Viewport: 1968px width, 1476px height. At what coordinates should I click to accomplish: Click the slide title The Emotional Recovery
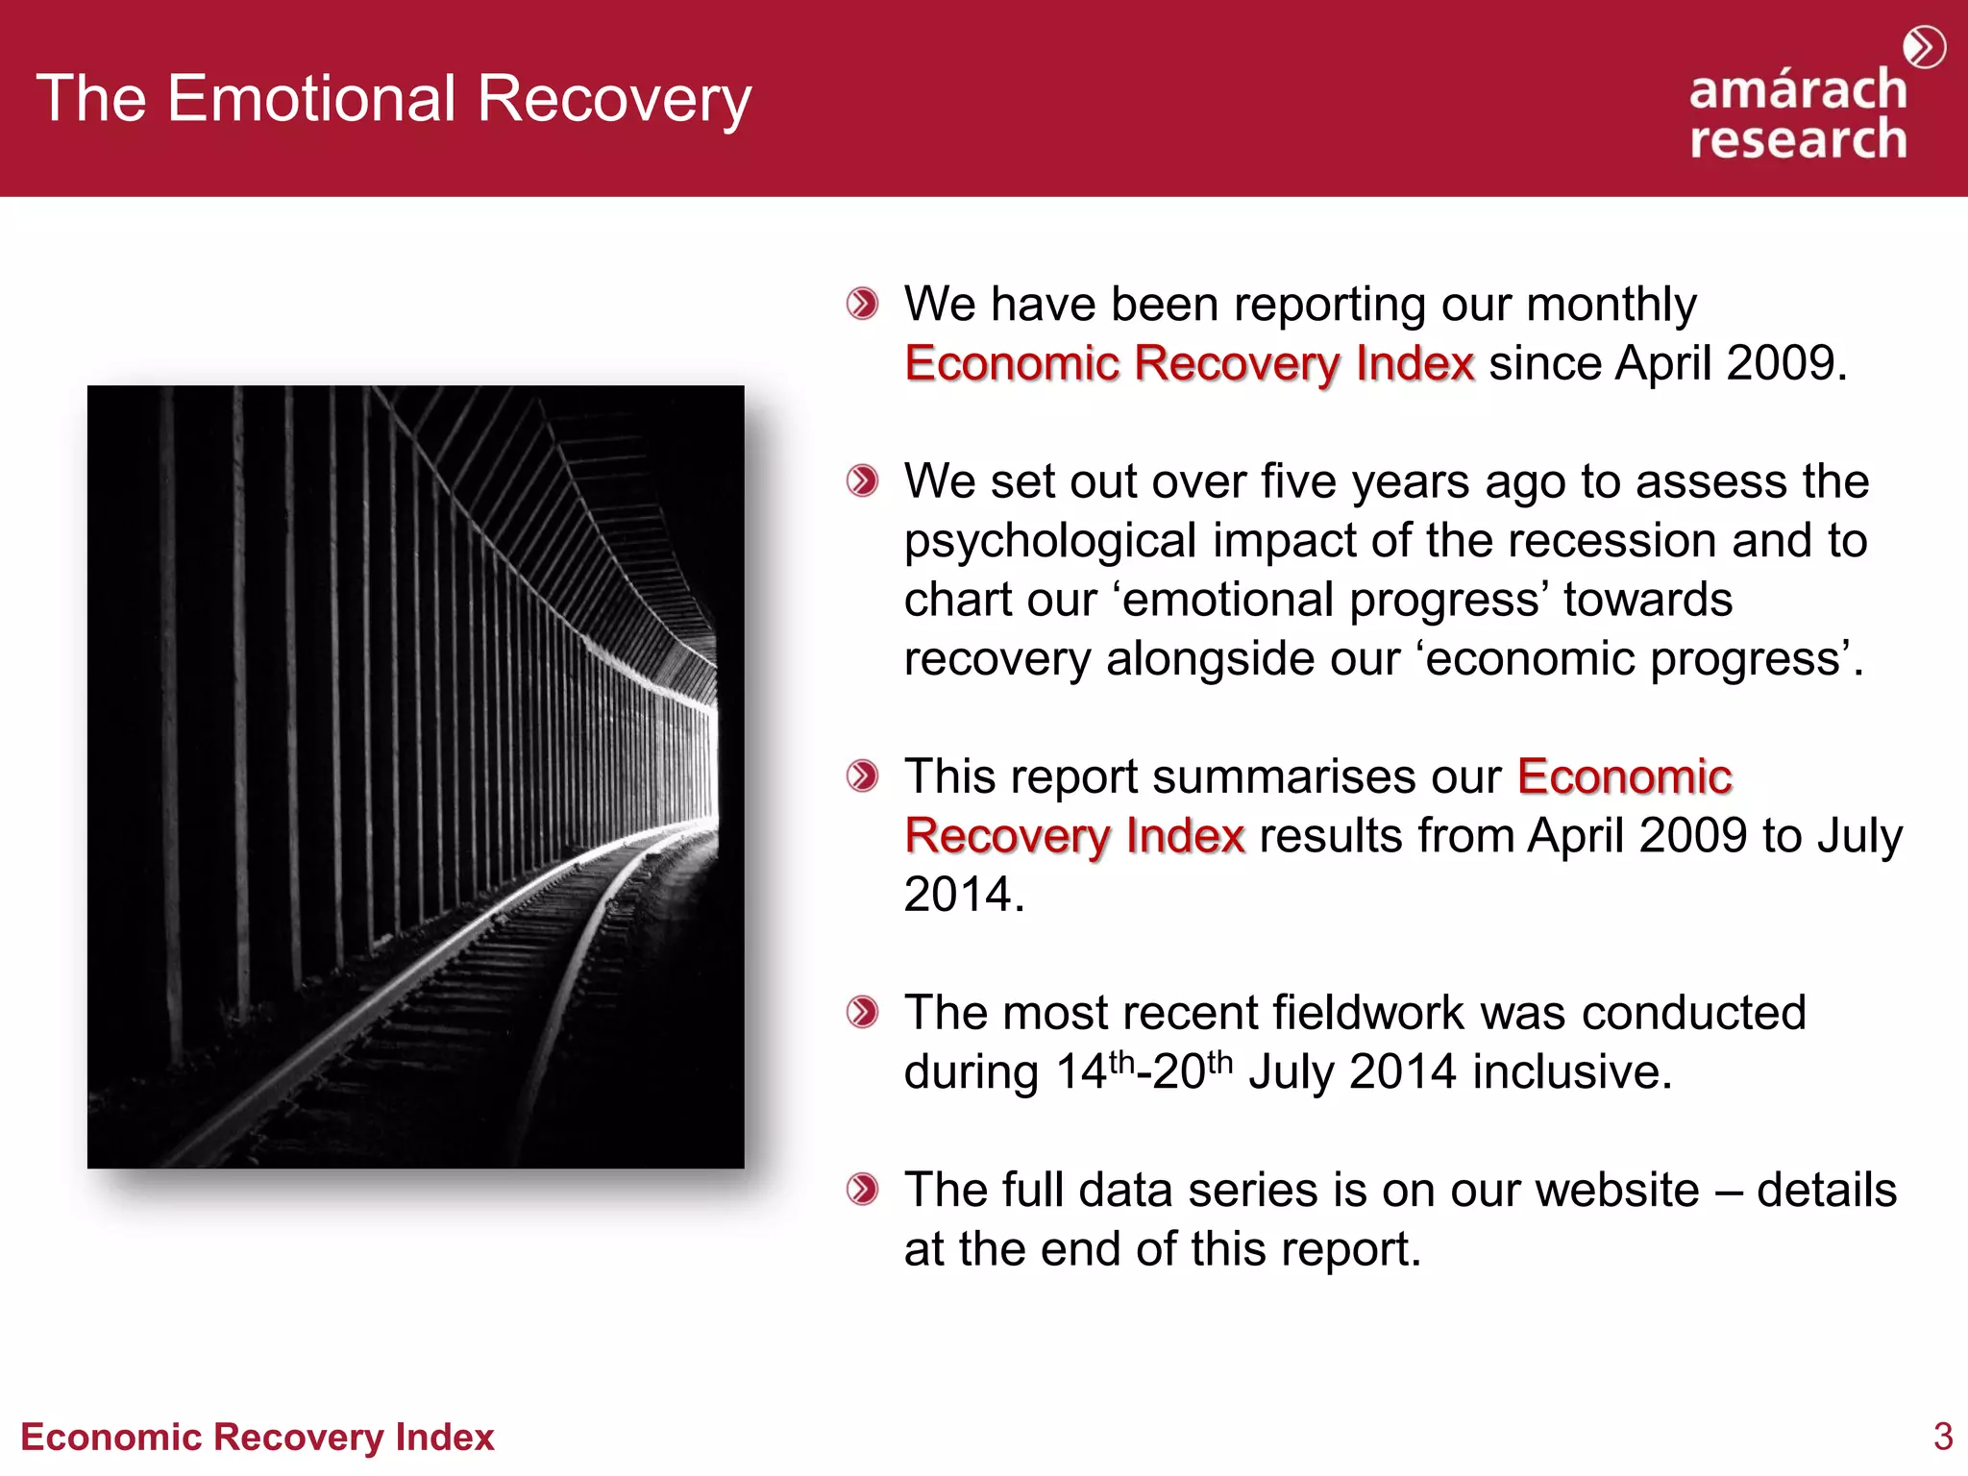[x=394, y=99]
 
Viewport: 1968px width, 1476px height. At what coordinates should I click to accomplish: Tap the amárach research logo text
[x=1798, y=114]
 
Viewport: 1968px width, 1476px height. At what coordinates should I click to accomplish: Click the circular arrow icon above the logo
[x=1924, y=47]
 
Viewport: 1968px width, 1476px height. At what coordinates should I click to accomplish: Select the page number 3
[x=1942, y=1437]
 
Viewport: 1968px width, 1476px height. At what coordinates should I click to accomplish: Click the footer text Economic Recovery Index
[x=258, y=1438]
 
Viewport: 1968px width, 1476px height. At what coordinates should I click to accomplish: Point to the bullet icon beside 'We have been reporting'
[x=862, y=305]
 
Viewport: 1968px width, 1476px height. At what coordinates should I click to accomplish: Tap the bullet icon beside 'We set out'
[x=862, y=481]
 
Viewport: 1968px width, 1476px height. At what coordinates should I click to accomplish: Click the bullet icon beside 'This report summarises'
[x=862, y=776]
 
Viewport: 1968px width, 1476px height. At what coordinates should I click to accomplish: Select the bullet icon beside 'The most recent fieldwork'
[x=862, y=1013]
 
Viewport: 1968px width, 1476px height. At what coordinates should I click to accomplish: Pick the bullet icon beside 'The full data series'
[x=862, y=1190]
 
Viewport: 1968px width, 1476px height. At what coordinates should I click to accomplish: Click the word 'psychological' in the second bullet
[x=1050, y=542]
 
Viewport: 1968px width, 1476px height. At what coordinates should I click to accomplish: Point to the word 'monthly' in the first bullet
[x=1611, y=306]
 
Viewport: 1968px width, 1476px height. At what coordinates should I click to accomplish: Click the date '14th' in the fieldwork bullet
[x=1095, y=1071]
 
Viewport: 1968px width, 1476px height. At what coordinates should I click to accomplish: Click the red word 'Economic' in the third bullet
[x=1624, y=776]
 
